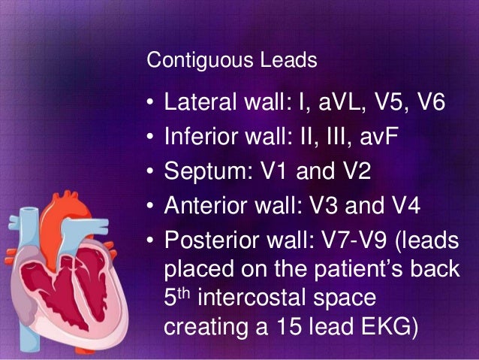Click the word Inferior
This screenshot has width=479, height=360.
point(199,138)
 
